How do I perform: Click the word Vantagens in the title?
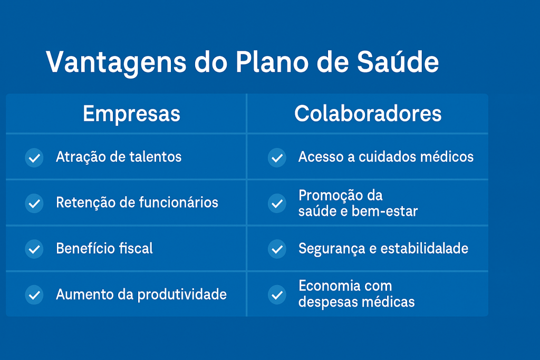pyautogui.click(x=116, y=63)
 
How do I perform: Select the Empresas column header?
pyautogui.click(x=131, y=114)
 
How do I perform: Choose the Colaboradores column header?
pyautogui.click(x=368, y=113)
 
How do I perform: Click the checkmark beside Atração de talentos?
pyautogui.click(x=34, y=158)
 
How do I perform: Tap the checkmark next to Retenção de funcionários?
pyautogui.click(x=34, y=203)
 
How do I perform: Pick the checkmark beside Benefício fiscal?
pyautogui.click(x=34, y=249)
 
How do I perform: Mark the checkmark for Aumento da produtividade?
pyautogui.click(x=34, y=295)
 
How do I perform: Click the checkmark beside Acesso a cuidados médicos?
pyautogui.click(x=277, y=158)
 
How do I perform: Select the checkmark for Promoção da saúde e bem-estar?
pyautogui.click(x=277, y=203)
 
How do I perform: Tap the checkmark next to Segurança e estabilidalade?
pyautogui.click(x=277, y=249)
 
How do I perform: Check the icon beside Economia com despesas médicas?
pyautogui.click(x=277, y=295)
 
